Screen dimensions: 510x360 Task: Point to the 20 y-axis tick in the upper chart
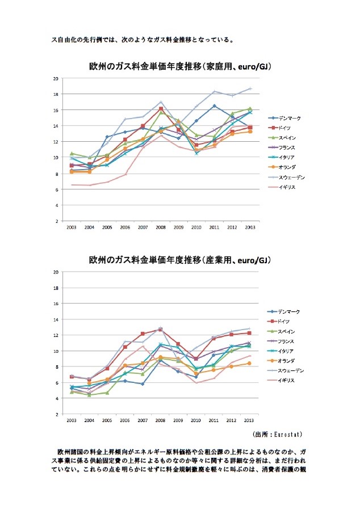[x=56, y=78]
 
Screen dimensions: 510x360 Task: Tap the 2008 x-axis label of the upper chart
[x=161, y=227]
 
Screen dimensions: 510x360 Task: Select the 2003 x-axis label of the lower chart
[x=72, y=420]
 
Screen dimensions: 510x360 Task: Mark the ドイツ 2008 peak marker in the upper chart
[x=161, y=108]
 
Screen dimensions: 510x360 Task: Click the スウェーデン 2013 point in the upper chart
[x=250, y=88]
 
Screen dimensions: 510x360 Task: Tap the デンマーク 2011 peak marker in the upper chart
[x=214, y=106]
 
